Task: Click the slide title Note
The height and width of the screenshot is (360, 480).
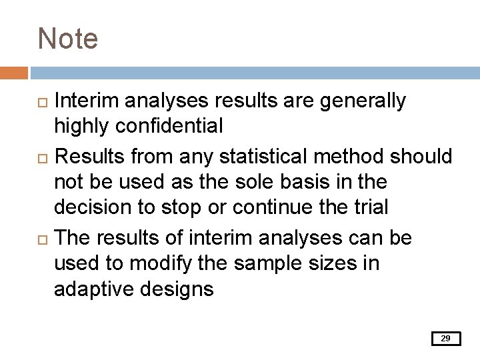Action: (68, 39)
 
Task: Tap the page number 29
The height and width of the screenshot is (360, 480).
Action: (446, 339)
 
